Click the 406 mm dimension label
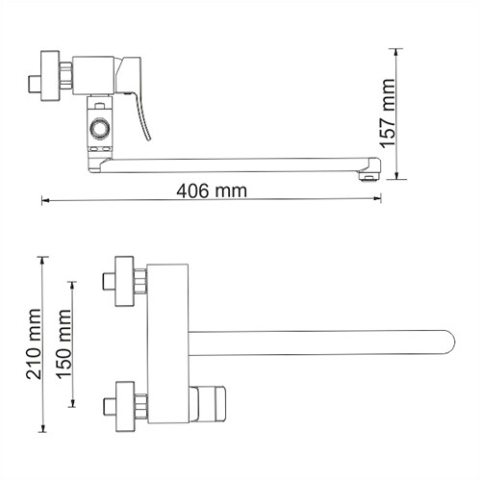pyautogui.click(x=211, y=190)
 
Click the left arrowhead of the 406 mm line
pyautogui.click(x=45, y=201)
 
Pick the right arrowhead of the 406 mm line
pyautogui.click(x=377, y=201)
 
